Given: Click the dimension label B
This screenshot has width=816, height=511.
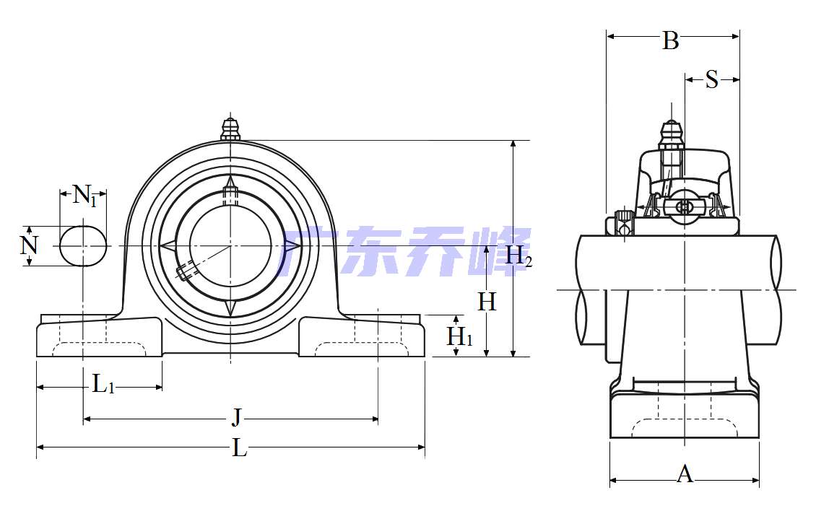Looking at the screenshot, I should pos(671,41).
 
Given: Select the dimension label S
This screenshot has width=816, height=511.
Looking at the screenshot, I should pos(712,79).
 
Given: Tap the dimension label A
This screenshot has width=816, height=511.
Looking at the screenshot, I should pos(684,474).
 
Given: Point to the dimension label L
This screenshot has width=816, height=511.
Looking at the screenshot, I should pos(239,449).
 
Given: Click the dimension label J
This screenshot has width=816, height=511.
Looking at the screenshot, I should pos(235,417).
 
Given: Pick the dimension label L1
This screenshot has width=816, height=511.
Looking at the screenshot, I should pos(103,385).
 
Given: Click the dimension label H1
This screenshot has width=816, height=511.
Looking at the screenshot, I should pos(459,336).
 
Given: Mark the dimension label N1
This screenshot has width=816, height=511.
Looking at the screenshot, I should pos(84,195).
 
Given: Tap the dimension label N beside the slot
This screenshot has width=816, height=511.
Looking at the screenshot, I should pos(28,245).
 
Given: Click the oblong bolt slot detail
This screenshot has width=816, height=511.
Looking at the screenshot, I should pos(83,245).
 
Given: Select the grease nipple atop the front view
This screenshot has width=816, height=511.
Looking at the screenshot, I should pos(230,128).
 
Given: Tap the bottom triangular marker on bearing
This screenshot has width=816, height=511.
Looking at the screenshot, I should pos(230,307).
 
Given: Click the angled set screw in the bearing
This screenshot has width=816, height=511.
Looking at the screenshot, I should pos(186,270).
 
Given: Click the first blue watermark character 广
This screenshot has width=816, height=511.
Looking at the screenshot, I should pos(303,253).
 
